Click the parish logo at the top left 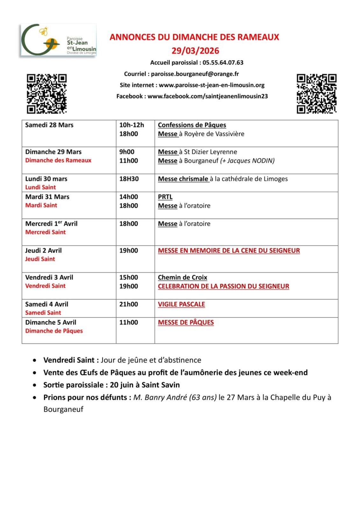[x=59, y=40]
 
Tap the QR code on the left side [x=47, y=94]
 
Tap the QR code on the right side [x=316, y=94]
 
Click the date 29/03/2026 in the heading [x=195, y=51]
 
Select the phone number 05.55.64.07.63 [x=223, y=63]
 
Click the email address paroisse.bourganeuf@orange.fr [x=195, y=74]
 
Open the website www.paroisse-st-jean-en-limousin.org [x=212, y=85]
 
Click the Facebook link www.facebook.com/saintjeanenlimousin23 [x=208, y=96]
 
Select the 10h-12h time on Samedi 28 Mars [x=131, y=125]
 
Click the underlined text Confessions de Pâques [x=192, y=125]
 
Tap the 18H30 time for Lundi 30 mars [x=129, y=179]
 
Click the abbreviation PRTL [x=165, y=197]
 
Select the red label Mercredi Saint [x=46, y=232]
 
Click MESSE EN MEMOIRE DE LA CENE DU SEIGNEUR [x=229, y=251]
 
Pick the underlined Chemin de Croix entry [x=182, y=277]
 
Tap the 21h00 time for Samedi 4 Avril [x=129, y=304]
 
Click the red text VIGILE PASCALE [x=181, y=304]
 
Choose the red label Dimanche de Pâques [x=54, y=331]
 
